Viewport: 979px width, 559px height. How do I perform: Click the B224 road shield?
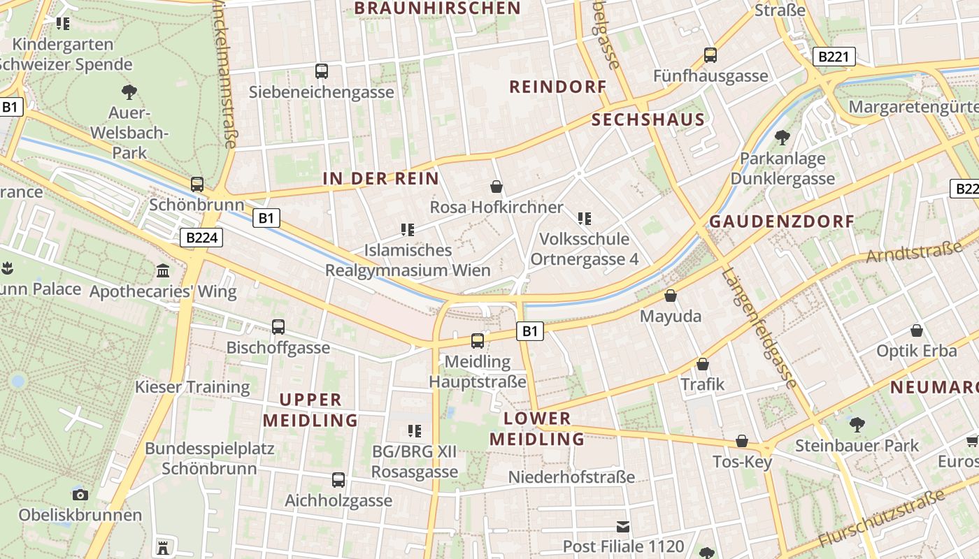pos(202,238)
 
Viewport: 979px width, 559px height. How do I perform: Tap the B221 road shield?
pos(834,57)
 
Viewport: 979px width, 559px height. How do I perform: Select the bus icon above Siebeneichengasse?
pos(322,71)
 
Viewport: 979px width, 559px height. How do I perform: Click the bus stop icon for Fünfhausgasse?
pos(710,55)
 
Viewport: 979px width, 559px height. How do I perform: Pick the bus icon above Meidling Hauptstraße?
pos(478,341)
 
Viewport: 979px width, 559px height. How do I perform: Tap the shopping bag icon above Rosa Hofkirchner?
pos(496,187)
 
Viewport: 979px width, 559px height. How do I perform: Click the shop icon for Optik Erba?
pos(917,331)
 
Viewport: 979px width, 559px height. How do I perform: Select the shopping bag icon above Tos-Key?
pos(742,442)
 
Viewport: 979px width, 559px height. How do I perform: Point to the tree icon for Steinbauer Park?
pos(857,424)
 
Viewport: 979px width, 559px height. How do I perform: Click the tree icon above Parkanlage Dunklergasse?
pos(783,138)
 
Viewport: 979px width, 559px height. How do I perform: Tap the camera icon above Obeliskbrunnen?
pos(80,495)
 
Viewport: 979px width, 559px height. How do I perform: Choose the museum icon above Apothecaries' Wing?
pos(163,270)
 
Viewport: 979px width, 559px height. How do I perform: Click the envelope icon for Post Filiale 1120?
pos(623,526)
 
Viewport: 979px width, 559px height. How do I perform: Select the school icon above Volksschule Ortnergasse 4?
pos(585,219)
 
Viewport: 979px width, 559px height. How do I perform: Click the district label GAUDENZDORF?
pos(782,222)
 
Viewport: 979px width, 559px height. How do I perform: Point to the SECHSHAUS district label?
pos(648,119)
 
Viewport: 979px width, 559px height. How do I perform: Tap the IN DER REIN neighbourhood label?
pos(381,178)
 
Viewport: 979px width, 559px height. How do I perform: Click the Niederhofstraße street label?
pos(571,477)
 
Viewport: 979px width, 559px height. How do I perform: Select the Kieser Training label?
pos(192,387)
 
